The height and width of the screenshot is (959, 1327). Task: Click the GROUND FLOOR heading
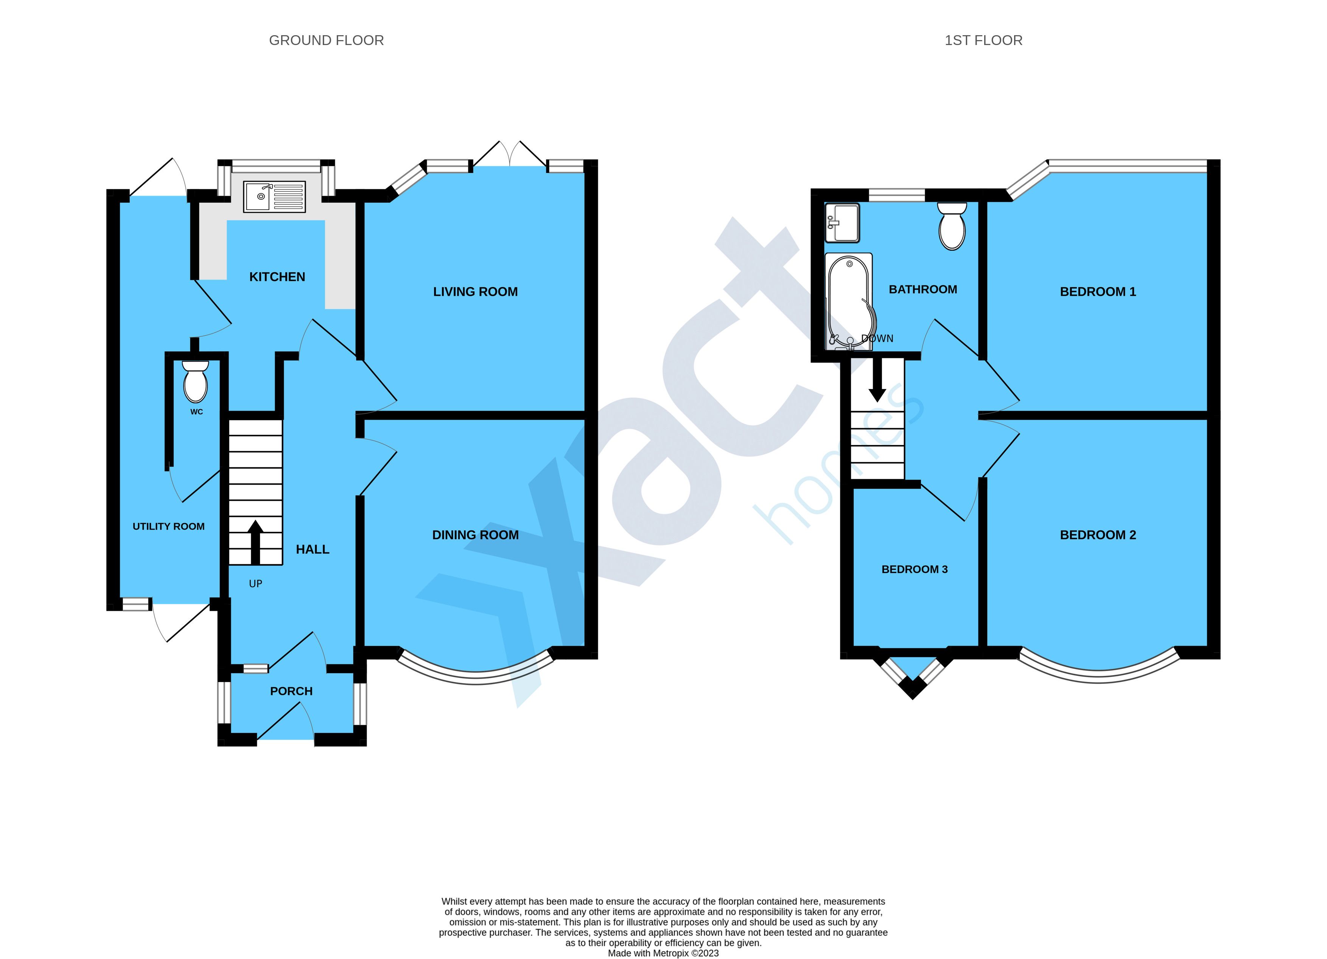coord(327,40)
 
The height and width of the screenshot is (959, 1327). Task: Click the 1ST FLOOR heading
coord(983,40)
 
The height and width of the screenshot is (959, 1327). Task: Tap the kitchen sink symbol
coord(274,196)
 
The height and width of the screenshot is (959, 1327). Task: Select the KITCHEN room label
coord(277,277)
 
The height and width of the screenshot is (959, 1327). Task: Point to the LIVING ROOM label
coord(475,292)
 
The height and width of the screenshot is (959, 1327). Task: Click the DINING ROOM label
coord(475,535)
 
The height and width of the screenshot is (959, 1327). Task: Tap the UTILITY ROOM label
coord(168,526)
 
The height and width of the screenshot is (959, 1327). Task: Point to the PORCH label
coord(291,691)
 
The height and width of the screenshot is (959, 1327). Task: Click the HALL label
coord(313,550)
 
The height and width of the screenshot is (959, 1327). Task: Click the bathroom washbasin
coord(842,223)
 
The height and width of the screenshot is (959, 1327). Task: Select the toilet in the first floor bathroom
coord(952,226)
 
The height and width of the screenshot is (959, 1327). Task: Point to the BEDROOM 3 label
coord(915,569)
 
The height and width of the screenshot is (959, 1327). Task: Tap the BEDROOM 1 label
coord(1098,292)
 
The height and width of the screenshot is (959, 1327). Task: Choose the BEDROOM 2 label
coord(1098,535)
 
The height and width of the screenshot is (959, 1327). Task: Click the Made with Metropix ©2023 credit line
coord(664,953)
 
